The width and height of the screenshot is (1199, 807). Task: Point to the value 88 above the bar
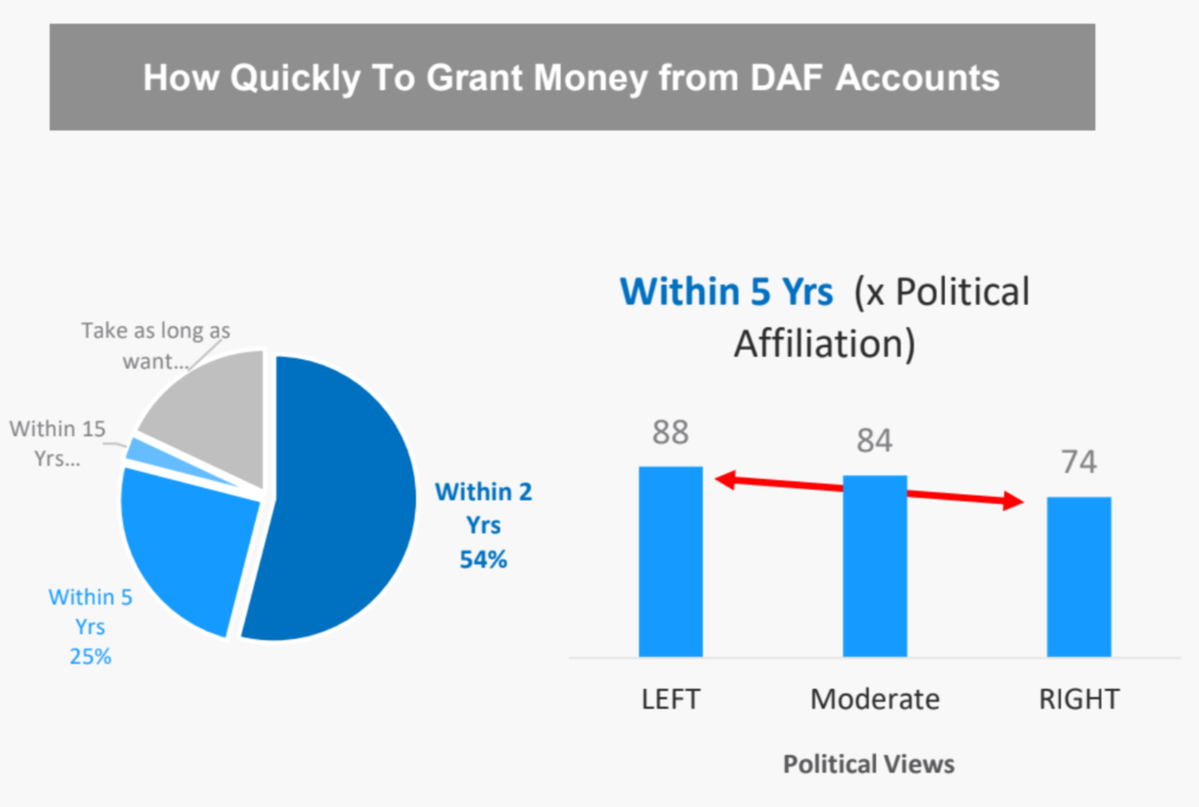(670, 432)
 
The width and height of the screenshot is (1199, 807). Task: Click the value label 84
(875, 441)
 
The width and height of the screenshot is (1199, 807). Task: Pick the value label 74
(1079, 462)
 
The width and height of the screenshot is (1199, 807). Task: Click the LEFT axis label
(670, 699)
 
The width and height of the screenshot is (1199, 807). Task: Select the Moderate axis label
(875, 699)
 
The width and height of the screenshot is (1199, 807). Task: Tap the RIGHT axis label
(1079, 699)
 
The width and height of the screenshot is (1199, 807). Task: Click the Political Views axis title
(869, 764)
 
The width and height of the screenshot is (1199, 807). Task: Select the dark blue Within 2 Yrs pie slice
(337, 505)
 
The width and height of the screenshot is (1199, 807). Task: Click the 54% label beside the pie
(483, 559)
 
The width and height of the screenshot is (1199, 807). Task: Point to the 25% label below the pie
(90, 656)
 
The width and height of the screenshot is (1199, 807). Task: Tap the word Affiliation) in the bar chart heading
(824, 344)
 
